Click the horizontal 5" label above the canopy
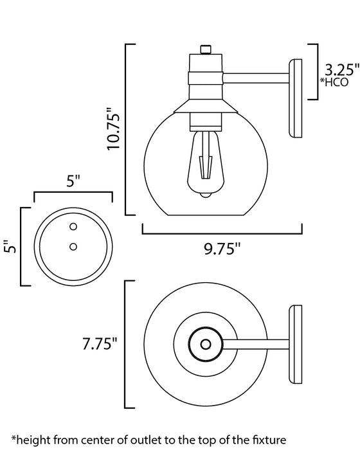coord(73,181)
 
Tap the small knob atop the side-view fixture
coord(205,48)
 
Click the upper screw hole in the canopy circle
coord(73,226)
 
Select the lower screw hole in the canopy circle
coord(73,246)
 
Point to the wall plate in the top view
coord(298,344)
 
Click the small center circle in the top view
coord(206,344)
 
